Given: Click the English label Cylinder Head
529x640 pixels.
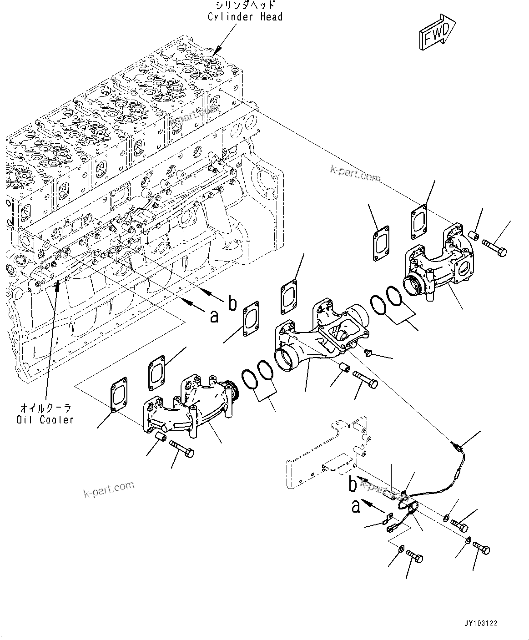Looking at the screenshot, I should point(245,17).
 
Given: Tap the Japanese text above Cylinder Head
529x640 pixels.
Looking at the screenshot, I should point(245,5).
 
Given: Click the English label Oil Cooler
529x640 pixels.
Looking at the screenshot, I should point(44,419).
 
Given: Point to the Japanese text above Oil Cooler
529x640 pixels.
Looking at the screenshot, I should point(45,408).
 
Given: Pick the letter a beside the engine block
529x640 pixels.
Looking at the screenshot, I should point(214,315).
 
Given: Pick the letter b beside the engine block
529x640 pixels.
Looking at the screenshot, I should point(232,303).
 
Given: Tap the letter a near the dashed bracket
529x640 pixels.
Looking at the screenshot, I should point(356,506).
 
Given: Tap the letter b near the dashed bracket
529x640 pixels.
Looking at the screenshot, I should point(353,485).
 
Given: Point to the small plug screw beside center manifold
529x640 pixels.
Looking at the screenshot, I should point(356,353).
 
